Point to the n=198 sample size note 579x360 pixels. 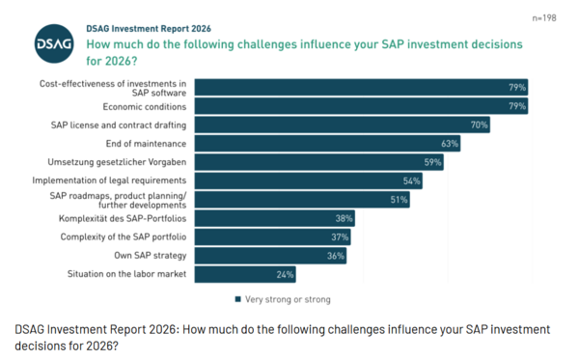click(547, 17)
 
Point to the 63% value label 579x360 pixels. click(449, 144)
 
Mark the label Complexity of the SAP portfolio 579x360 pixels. click(124, 236)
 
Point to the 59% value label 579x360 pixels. click(432, 162)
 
